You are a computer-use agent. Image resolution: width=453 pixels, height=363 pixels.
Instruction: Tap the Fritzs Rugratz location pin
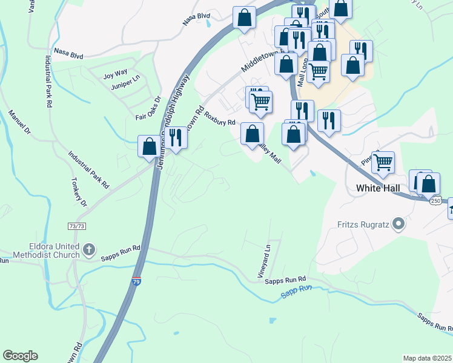pyautogui.click(x=398, y=225)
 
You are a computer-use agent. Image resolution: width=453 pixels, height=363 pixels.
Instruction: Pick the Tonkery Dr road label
pyautogui.click(x=79, y=194)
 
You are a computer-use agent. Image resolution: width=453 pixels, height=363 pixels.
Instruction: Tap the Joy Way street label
pyautogui.click(x=115, y=74)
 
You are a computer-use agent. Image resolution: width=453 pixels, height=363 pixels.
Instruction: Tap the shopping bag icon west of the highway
pyautogui.click(x=149, y=146)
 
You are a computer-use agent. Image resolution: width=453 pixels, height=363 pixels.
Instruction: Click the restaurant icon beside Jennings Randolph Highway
pyautogui.click(x=175, y=137)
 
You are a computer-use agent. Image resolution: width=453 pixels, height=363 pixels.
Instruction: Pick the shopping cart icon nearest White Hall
pyautogui.click(x=383, y=162)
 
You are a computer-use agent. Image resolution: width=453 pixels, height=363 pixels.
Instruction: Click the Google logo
pyautogui.click(x=20, y=356)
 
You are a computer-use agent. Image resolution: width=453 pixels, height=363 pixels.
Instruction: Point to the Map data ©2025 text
pyautogui.click(x=427, y=358)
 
